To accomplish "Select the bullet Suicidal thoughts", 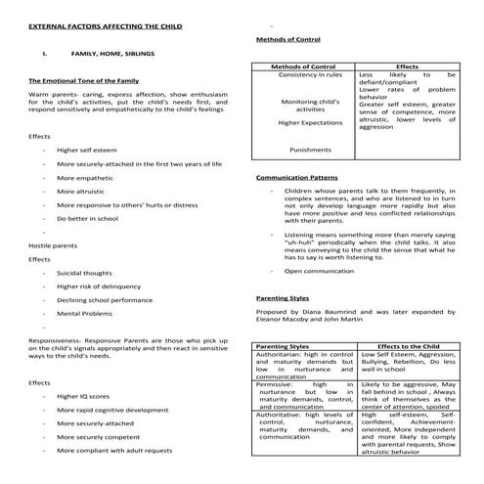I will click(85, 273).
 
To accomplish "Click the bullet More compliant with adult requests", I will click(114, 450).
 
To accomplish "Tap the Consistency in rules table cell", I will click(308, 74).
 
